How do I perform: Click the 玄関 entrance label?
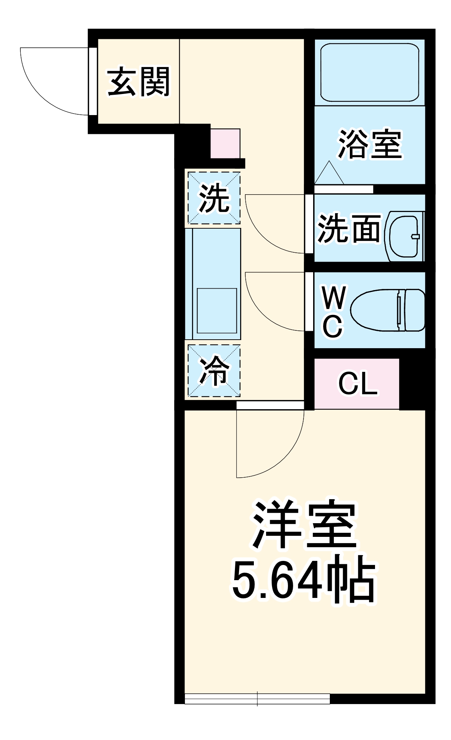(x=138, y=82)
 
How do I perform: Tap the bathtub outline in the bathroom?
(x=369, y=73)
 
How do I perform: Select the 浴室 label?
(x=369, y=144)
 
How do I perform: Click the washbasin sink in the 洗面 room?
(x=404, y=236)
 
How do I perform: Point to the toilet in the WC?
(x=388, y=310)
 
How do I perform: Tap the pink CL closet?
(x=357, y=384)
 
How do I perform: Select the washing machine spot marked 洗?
(x=214, y=198)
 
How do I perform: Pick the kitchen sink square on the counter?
(x=216, y=311)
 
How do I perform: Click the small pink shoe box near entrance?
(x=225, y=143)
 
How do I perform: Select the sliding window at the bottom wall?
(x=257, y=699)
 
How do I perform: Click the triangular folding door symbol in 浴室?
(x=329, y=174)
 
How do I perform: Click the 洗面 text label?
(x=349, y=228)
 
